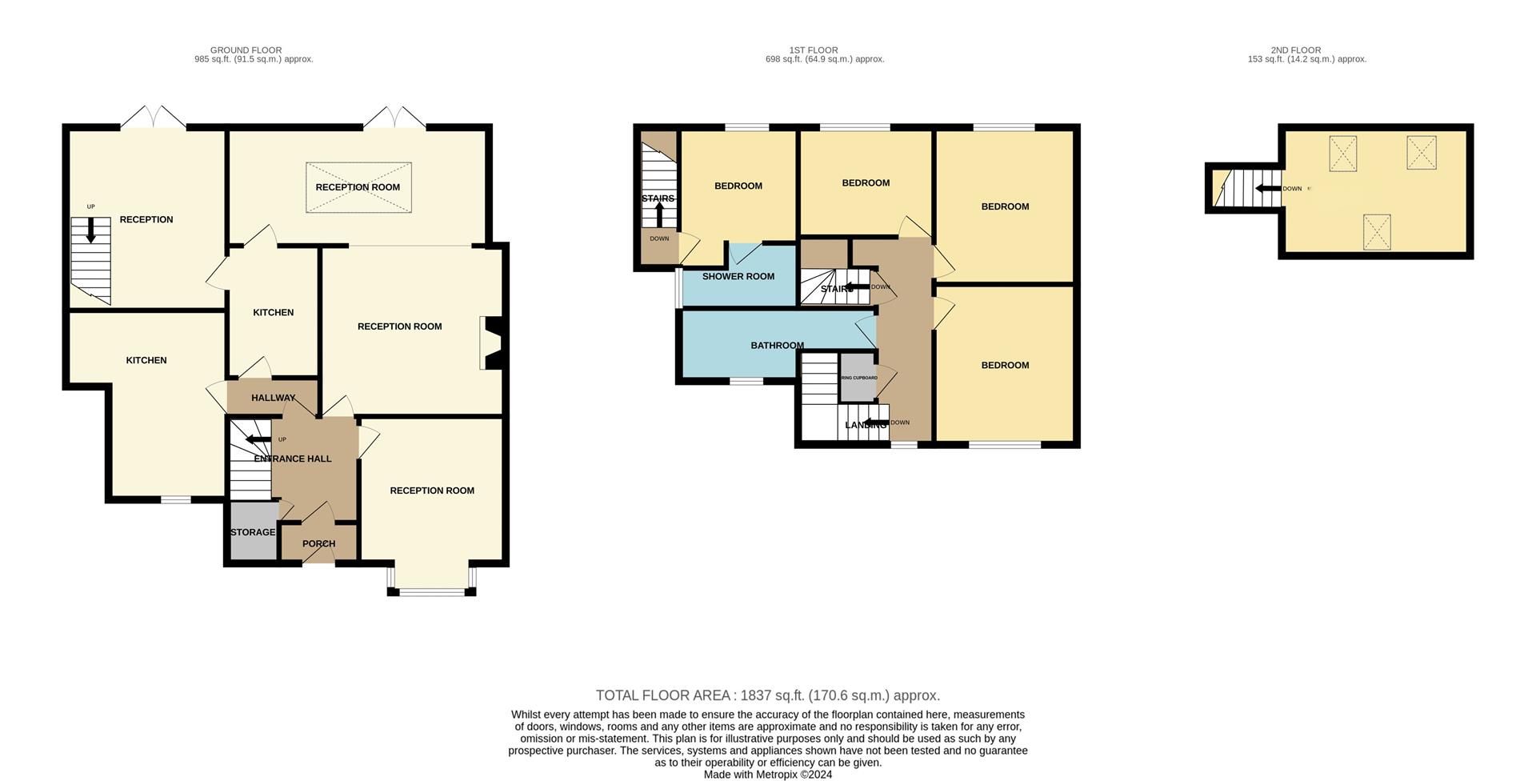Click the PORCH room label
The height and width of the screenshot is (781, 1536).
pyautogui.click(x=318, y=543)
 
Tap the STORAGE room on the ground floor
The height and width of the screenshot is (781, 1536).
pyautogui.click(x=253, y=532)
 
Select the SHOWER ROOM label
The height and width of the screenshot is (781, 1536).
pyautogui.click(x=738, y=276)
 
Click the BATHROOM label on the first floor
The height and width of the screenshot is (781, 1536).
pyautogui.click(x=777, y=346)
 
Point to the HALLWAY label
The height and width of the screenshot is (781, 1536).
pyautogui.click(x=273, y=398)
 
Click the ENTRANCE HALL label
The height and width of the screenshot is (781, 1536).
pyautogui.click(x=293, y=459)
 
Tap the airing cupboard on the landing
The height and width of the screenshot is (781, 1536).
pyautogui.click(x=858, y=378)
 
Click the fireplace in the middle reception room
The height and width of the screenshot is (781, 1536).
pyautogui.click(x=490, y=343)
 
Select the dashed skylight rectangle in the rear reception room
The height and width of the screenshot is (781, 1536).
pyautogui.click(x=358, y=187)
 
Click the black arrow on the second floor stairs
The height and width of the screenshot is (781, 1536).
pyautogui.click(x=1267, y=189)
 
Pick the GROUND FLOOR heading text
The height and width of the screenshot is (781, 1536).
pyautogui.click(x=246, y=50)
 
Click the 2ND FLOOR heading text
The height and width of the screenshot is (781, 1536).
pyautogui.click(x=1295, y=50)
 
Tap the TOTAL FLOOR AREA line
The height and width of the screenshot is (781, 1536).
pyautogui.click(x=767, y=695)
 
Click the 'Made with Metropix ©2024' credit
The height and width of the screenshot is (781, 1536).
pyautogui.click(x=767, y=775)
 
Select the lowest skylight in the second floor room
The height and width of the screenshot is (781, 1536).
pyautogui.click(x=1377, y=232)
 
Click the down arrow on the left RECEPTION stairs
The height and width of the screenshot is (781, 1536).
pyautogui.click(x=90, y=230)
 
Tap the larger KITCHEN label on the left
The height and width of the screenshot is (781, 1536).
pyautogui.click(x=146, y=360)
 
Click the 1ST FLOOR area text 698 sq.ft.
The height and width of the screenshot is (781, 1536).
pyautogui.click(x=824, y=59)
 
